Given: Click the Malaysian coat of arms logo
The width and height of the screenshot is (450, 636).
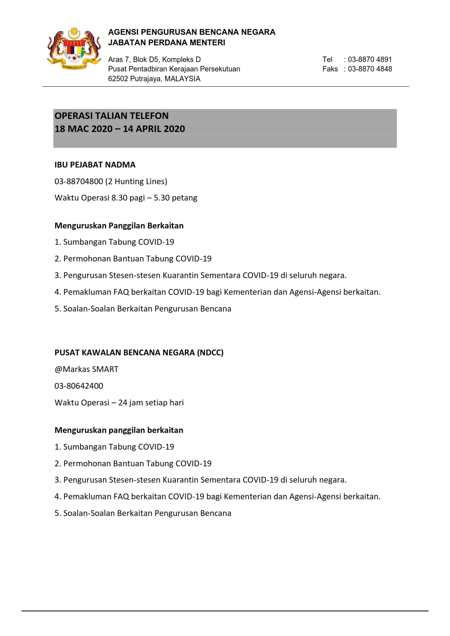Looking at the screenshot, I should (x=74, y=48).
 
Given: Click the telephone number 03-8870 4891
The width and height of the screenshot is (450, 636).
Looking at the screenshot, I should (x=370, y=59).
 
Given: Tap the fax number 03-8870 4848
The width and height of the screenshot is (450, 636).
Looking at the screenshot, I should (x=370, y=69).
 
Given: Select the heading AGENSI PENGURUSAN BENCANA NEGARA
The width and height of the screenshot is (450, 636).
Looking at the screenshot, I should (x=191, y=32).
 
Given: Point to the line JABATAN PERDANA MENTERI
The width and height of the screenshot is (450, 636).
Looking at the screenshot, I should (x=166, y=42).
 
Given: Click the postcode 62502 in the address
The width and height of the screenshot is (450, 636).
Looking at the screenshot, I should (x=118, y=79).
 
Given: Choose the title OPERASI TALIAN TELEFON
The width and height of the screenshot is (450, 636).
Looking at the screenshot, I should (x=111, y=116).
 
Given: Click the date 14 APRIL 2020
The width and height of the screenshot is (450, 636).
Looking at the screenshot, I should (x=154, y=129).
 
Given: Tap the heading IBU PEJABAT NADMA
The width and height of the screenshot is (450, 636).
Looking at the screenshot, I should (x=95, y=165).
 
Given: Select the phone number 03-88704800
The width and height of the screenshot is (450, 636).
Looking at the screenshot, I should (x=79, y=181).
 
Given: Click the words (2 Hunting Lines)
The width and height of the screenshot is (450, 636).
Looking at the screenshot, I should (x=136, y=181).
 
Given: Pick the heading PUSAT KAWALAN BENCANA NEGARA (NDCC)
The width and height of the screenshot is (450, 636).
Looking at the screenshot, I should (x=139, y=352).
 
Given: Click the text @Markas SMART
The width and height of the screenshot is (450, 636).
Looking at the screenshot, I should (x=86, y=369).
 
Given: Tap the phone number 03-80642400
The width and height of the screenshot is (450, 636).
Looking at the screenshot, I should (x=79, y=386).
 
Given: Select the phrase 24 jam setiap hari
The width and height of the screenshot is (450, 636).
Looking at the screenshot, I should (x=151, y=402).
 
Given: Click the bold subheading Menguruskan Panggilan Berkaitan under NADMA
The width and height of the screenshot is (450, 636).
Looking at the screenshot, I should (x=119, y=226).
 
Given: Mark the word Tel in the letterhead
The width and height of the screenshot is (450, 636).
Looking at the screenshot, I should (x=327, y=59).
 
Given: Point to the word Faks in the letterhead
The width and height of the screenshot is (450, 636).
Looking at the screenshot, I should (x=330, y=69).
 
